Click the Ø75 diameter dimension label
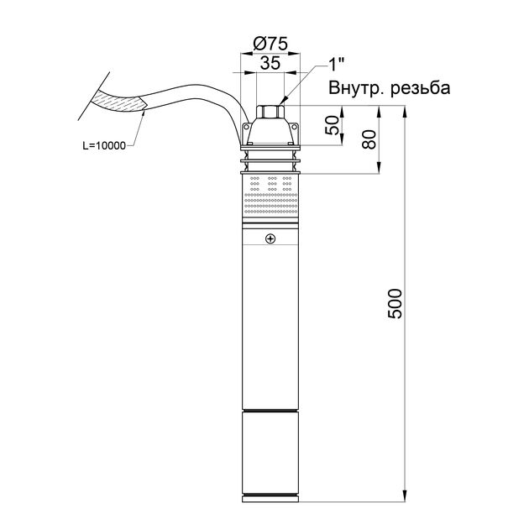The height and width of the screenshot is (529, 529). tap(270, 44)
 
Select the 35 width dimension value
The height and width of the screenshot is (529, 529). tap(270, 63)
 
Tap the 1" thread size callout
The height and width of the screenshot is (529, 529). tap(336, 65)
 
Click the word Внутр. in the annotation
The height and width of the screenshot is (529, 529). tap(357, 88)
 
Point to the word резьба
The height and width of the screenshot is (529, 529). tap(421, 89)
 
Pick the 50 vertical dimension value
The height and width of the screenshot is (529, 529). tap(332, 125)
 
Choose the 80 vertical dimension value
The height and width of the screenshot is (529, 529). tap(369, 139)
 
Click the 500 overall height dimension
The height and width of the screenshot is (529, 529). tap(395, 304)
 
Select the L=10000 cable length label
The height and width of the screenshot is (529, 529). tap(104, 146)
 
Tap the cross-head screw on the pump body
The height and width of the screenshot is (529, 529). tap(270, 238)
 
